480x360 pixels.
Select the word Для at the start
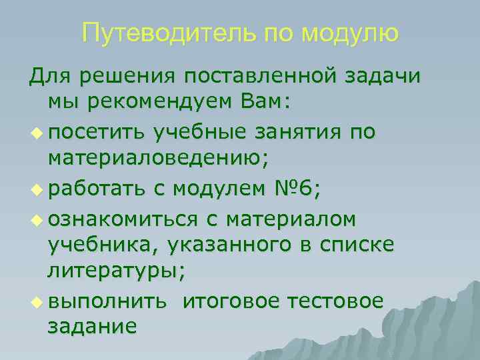(x=50, y=77)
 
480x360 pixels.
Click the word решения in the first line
(x=125, y=77)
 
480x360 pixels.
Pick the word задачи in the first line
(x=383, y=77)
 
